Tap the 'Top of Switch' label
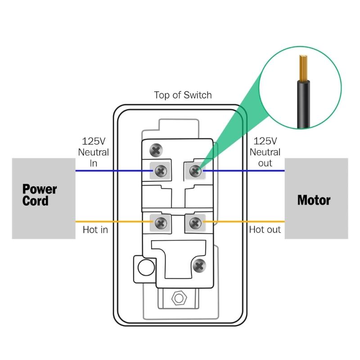click(x=183, y=95)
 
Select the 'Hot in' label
click(x=95, y=230)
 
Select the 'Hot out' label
click(x=265, y=230)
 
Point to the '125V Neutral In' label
click(x=94, y=152)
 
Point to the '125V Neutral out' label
click(x=265, y=152)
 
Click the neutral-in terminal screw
click(x=161, y=171)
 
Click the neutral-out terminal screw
click(x=195, y=171)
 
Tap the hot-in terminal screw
click(x=161, y=222)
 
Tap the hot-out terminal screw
click(x=195, y=222)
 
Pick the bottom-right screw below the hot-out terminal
click(x=198, y=265)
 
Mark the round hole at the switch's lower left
click(x=144, y=267)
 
